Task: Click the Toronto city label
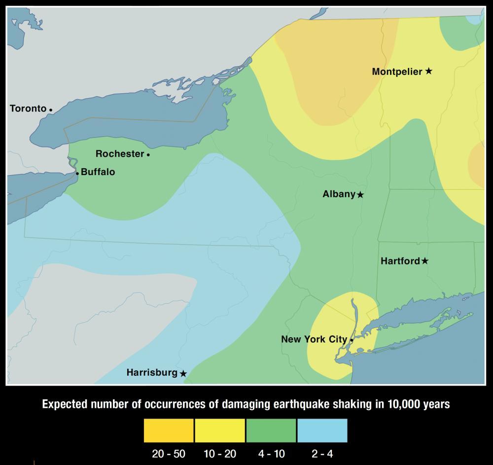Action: click(28, 108)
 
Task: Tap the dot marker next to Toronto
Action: click(51, 109)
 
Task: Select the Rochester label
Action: click(120, 154)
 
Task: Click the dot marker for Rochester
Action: click(148, 154)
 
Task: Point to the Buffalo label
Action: click(98, 172)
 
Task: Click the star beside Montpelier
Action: click(429, 72)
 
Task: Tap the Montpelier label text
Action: click(397, 72)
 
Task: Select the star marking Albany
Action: click(360, 195)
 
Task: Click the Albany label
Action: click(339, 194)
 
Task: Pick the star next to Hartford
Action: click(425, 261)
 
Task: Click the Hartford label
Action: click(400, 261)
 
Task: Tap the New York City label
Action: click(314, 339)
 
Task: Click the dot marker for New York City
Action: click(352, 340)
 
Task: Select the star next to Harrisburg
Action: click(183, 374)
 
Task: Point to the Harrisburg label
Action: click(151, 373)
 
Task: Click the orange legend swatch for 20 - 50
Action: click(169, 430)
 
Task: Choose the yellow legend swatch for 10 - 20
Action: click(220, 430)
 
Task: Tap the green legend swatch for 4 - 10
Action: click(271, 430)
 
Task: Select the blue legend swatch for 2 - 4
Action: click(322, 430)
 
